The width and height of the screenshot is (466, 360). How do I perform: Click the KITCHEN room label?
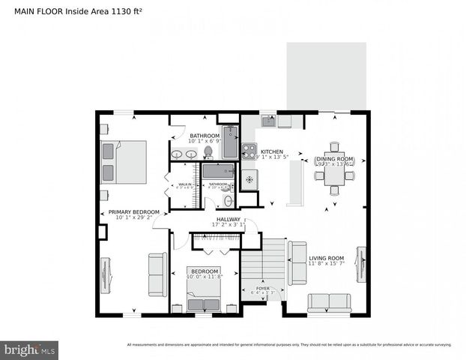272,151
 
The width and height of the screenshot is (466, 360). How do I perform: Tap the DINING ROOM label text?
334,159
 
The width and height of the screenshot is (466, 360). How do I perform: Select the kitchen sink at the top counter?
268,120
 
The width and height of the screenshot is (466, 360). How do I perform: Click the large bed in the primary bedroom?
123,162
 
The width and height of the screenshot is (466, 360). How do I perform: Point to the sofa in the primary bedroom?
157,274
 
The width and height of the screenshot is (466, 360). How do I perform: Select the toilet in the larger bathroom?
208,152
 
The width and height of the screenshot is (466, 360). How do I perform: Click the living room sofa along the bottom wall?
329,302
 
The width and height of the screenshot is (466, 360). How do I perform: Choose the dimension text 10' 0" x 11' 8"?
204,277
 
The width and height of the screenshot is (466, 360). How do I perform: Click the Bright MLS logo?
30,349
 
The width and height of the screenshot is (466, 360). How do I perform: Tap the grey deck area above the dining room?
326,75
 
